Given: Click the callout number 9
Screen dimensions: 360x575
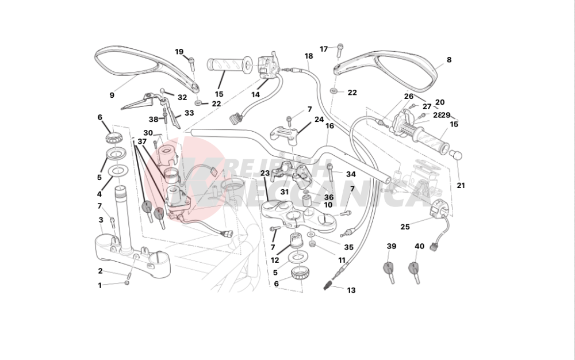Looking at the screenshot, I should click(x=112, y=95).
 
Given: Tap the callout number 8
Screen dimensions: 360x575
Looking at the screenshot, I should click(x=449, y=59).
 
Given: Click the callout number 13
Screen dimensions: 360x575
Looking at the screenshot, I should click(x=351, y=290).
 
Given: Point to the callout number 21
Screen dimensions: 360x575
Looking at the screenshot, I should click(x=461, y=185).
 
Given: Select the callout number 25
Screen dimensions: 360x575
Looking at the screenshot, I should click(x=405, y=227).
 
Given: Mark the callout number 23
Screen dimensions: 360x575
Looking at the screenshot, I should click(x=264, y=173).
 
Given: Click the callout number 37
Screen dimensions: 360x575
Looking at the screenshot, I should click(x=142, y=141).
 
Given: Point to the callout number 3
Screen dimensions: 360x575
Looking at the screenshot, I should click(x=101, y=220).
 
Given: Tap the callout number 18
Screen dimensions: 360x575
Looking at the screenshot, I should click(x=309, y=56).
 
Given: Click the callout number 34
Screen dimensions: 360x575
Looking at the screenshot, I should click(x=351, y=174).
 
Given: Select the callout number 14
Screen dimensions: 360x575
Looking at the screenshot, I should click(x=255, y=94).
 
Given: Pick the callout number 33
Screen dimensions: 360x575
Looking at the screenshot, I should click(x=189, y=113).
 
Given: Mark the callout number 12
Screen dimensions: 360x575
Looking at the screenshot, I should click(x=275, y=260).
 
